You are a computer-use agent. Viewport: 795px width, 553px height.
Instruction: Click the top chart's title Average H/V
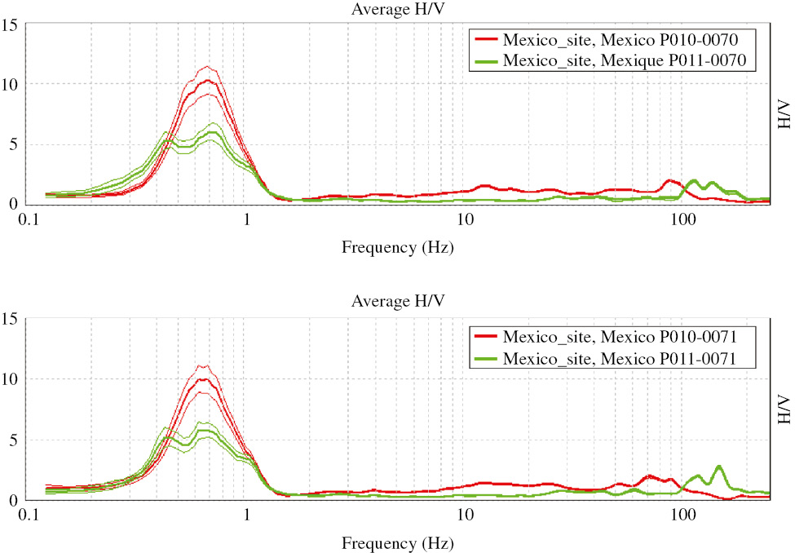point(398,9)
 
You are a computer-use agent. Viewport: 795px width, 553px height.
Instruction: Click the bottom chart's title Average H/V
point(398,301)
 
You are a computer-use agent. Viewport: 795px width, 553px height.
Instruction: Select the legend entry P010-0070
point(624,39)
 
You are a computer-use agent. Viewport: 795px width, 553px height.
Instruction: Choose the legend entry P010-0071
point(624,335)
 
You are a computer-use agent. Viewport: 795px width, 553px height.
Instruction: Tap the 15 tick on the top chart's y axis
point(11,24)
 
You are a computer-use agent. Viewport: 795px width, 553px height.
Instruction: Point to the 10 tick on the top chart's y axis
point(11,84)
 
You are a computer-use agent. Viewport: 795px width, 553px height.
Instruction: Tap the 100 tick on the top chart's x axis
point(683,220)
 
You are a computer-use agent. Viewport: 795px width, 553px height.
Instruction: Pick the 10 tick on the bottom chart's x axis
point(465,515)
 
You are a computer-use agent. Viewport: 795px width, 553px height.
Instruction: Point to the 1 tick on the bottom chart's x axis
point(247,515)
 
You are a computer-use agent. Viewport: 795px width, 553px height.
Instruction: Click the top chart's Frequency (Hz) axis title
point(398,246)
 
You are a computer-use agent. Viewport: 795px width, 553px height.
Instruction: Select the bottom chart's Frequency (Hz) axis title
point(398,542)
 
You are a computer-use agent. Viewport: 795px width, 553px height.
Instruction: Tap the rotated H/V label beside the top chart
point(784,114)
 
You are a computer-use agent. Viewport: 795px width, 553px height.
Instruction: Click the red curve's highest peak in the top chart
point(209,80)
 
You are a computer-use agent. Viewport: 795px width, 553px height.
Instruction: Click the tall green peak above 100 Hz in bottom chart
point(718,467)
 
